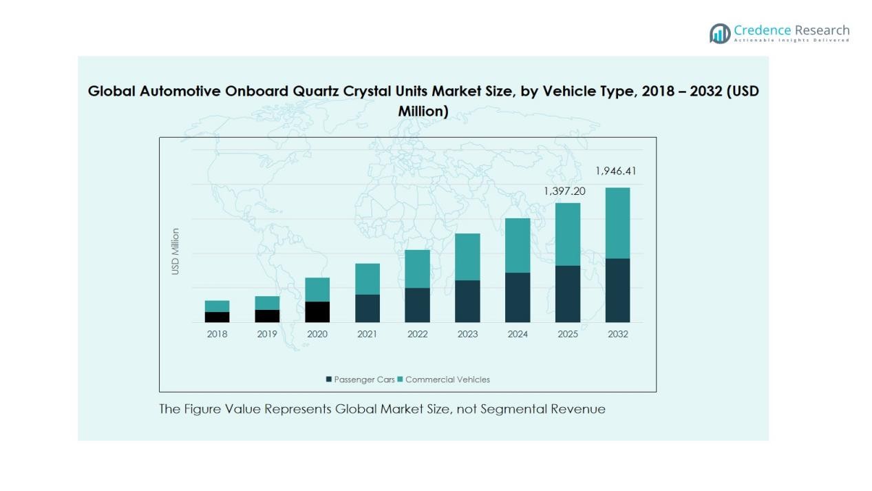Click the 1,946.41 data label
(615, 171)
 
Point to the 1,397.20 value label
(564, 191)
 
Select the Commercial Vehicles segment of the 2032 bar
(617, 223)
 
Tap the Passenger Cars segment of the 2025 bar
(568, 294)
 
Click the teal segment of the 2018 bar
(217, 306)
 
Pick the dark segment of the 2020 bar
(317, 312)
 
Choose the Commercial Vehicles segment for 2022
(417, 269)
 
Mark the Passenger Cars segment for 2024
(518, 297)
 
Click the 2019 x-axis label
(267, 334)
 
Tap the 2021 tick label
(367, 334)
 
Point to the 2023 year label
(467, 334)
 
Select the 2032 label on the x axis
(617, 334)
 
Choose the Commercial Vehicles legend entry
(447, 379)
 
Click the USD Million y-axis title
(176, 251)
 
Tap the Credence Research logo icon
(720, 33)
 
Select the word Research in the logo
(822, 30)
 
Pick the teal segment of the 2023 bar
(467, 257)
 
